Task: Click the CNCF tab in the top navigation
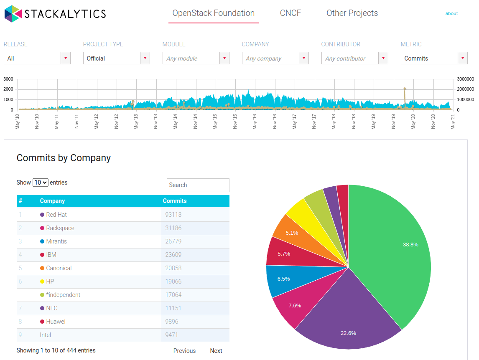tap(290, 13)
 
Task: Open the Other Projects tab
tap(352, 13)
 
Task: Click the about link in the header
tap(451, 13)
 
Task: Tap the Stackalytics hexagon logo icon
tap(13, 14)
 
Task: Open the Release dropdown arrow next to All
tap(66, 58)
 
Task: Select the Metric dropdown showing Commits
tap(429, 58)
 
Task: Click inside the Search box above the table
tap(198, 185)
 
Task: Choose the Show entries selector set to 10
tap(41, 183)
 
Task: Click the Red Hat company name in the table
tap(56, 215)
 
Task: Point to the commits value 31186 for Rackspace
tap(173, 228)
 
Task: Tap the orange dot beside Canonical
tap(42, 268)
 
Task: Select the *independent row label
tap(63, 295)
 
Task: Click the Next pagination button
tap(216, 351)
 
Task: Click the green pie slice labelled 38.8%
tap(393, 251)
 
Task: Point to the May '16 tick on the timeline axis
tap(254, 121)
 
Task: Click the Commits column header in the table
tap(175, 201)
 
